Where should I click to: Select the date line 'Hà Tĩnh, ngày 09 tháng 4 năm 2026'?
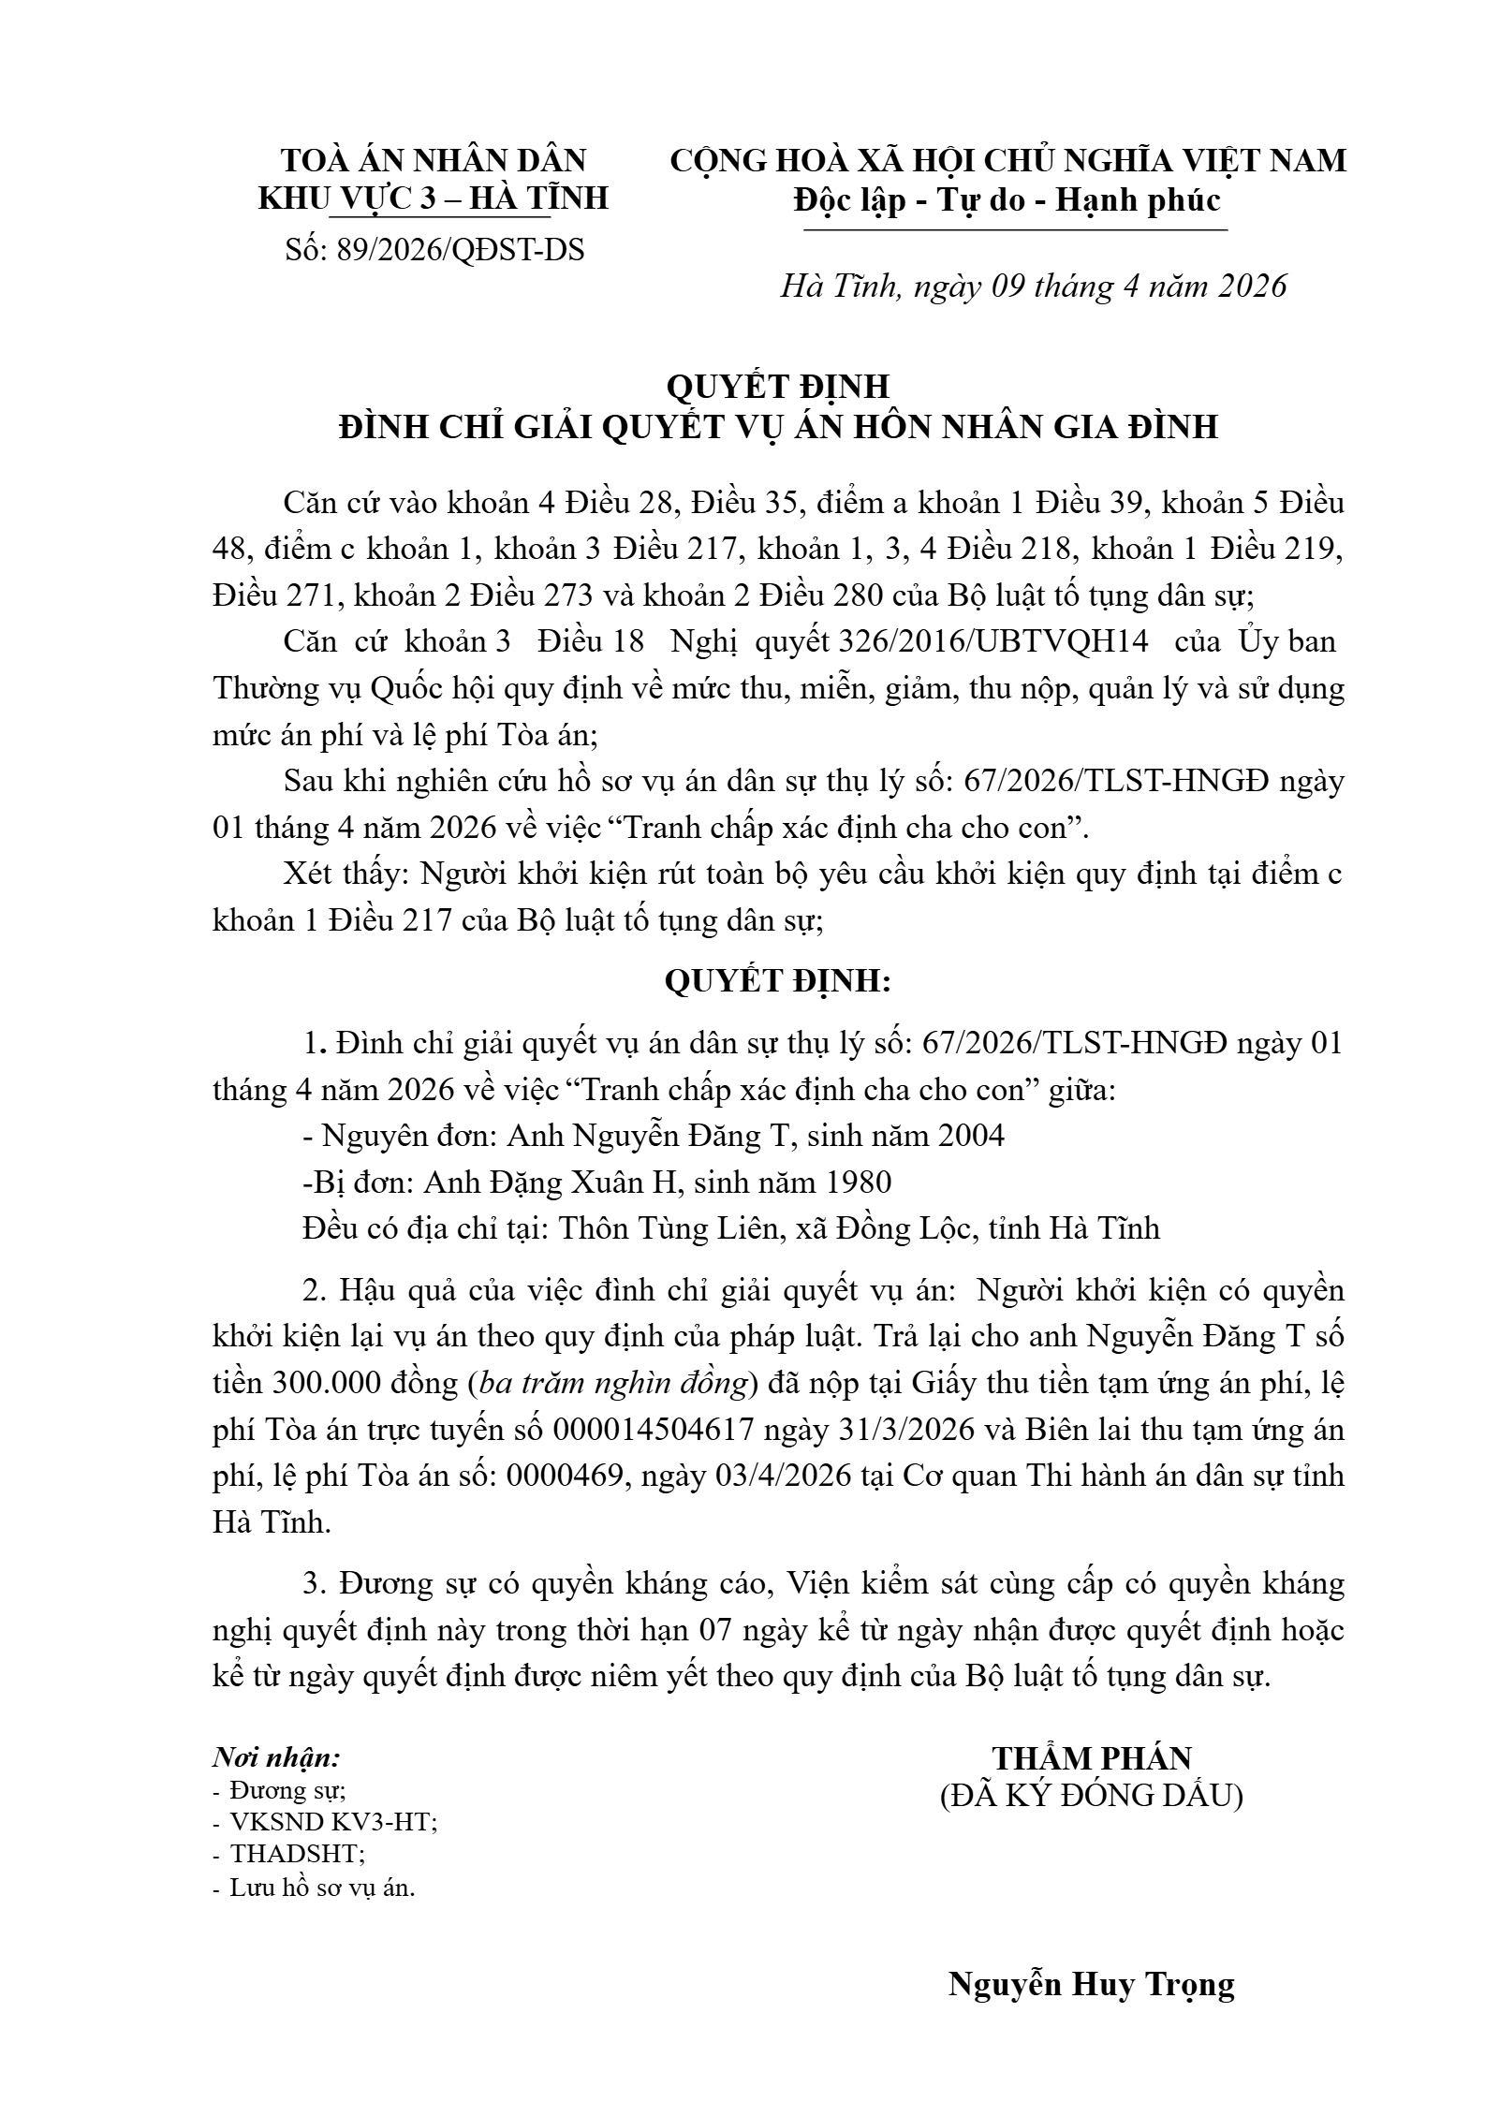tap(1034, 286)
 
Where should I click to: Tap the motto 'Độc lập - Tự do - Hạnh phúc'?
tap(1007, 200)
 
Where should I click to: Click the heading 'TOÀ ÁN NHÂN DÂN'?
tap(434, 160)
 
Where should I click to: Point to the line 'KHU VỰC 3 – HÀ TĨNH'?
tap(434, 198)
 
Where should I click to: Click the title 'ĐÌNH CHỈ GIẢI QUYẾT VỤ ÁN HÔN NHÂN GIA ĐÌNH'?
tap(778, 427)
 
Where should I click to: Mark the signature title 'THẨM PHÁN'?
tap(1092, 1758)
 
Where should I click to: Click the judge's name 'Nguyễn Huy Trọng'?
tap(1092, 1985)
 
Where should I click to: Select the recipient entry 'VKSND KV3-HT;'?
tap(334, 1823)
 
